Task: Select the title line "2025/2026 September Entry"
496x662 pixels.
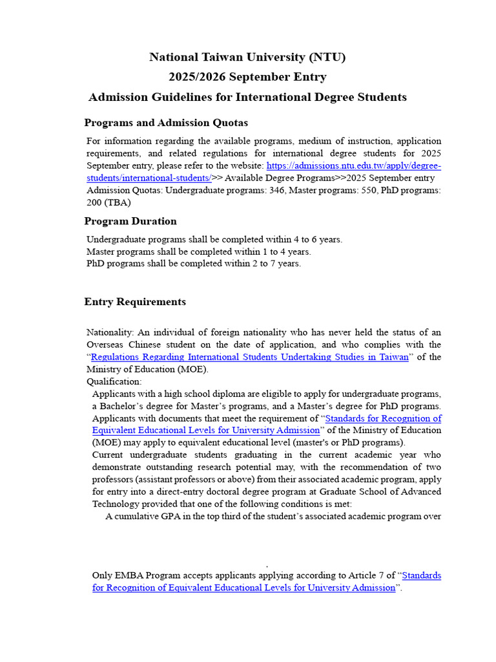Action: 247,78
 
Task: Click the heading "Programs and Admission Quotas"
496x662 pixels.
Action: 166,123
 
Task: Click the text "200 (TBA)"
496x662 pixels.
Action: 113,202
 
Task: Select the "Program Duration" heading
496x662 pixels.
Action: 130,221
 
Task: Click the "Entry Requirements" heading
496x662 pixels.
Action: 135,302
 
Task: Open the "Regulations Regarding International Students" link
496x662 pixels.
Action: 249,358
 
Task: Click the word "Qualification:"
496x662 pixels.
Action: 114,382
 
